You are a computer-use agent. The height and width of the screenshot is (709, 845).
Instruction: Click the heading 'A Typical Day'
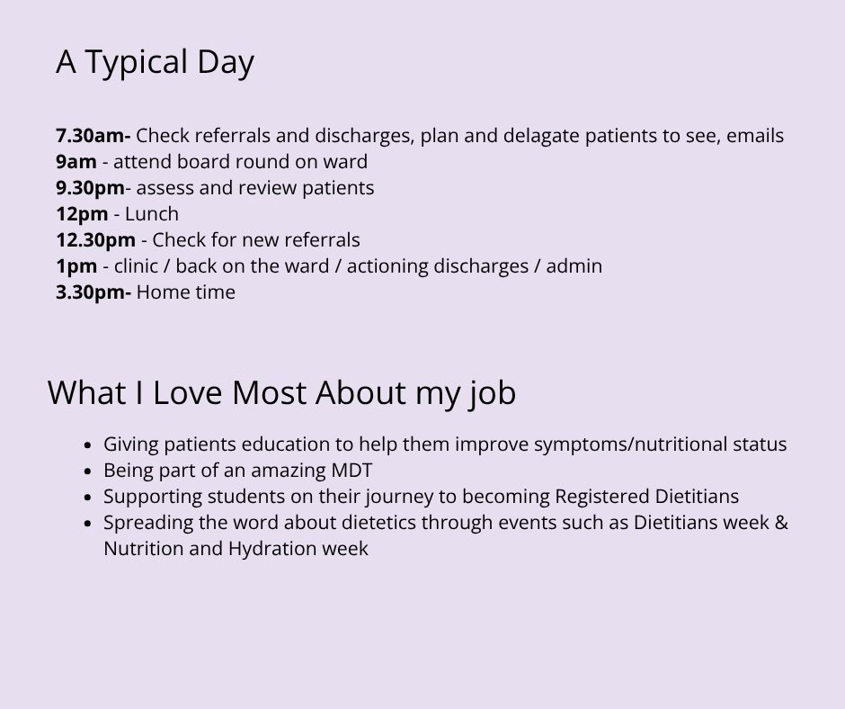point(155,62)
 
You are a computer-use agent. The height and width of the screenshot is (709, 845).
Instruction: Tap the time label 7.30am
point(92,136)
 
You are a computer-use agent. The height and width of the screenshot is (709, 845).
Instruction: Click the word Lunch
point(152,214)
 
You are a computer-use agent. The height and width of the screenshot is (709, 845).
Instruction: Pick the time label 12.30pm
point(95,240)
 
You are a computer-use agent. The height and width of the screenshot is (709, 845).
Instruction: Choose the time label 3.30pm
point(92,292)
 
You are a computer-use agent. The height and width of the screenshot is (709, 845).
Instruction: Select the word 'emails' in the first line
point(755,136)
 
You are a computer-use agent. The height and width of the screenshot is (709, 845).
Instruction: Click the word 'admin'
point(575,266)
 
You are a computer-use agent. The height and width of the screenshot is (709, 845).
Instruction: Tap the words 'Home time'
point(186,292)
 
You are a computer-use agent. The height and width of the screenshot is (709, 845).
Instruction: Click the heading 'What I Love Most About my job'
point(281,393)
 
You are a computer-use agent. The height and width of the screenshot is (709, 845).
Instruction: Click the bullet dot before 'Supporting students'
point(87,498)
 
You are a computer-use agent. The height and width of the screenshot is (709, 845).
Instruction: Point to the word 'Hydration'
point(267,549)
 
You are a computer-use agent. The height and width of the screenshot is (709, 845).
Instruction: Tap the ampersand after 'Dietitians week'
point(780,523)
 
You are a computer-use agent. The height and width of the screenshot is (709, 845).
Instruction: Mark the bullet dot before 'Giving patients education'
point(87,445)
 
